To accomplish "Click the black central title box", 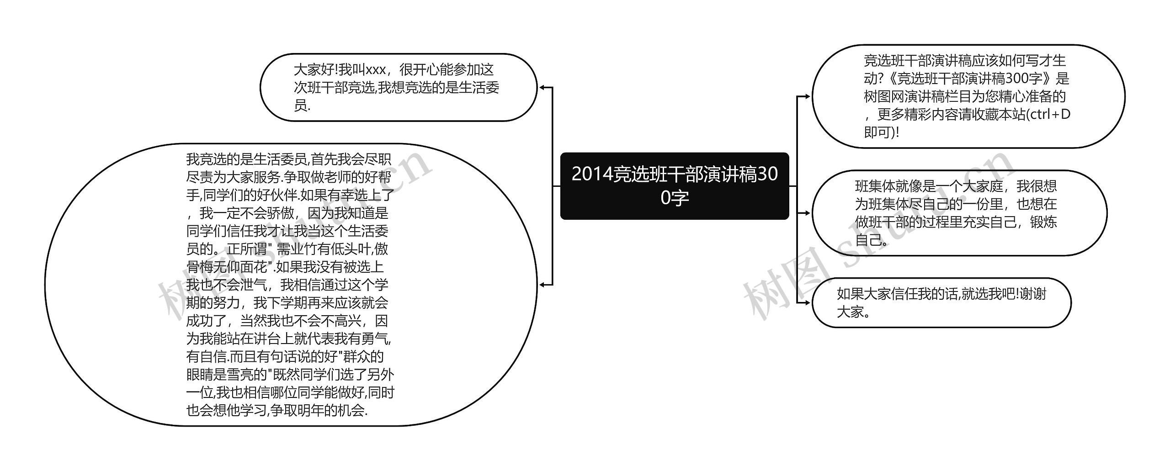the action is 674,186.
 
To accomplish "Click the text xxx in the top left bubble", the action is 376,70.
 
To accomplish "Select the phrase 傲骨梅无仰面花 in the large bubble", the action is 229,267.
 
